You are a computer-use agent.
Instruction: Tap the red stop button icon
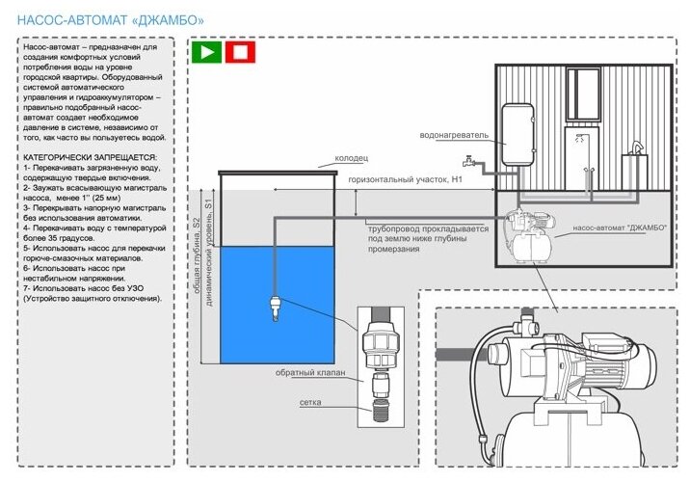point(240,51)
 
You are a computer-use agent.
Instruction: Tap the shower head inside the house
point(583,139)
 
